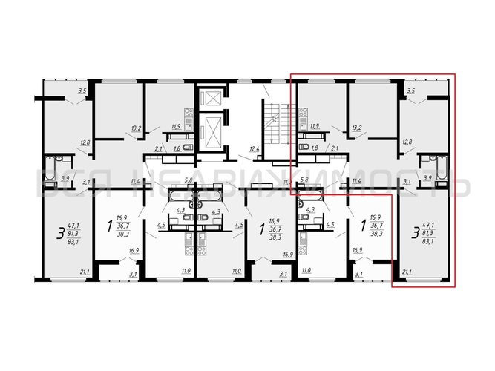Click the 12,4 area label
click(x=255, y=150)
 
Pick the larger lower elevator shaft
click(x=214, y=133)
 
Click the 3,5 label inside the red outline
click(x=413, y=91)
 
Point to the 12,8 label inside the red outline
click(x=407, y=141)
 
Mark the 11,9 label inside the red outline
click(x=315, y=127)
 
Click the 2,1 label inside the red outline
click(x=335, y=149)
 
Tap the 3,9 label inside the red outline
click(x=427, y=180)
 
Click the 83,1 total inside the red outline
click(x=428, y=240)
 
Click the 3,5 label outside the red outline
click(x=83, y=91)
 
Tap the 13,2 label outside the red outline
click(x=136, y=128)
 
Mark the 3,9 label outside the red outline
click(x=65, y=180)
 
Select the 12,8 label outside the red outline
click(x=85, y=142)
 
